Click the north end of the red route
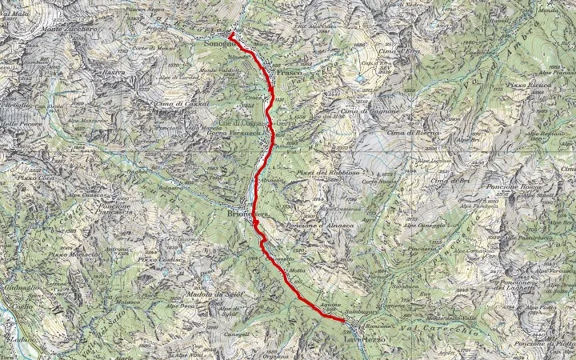(230, 36)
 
